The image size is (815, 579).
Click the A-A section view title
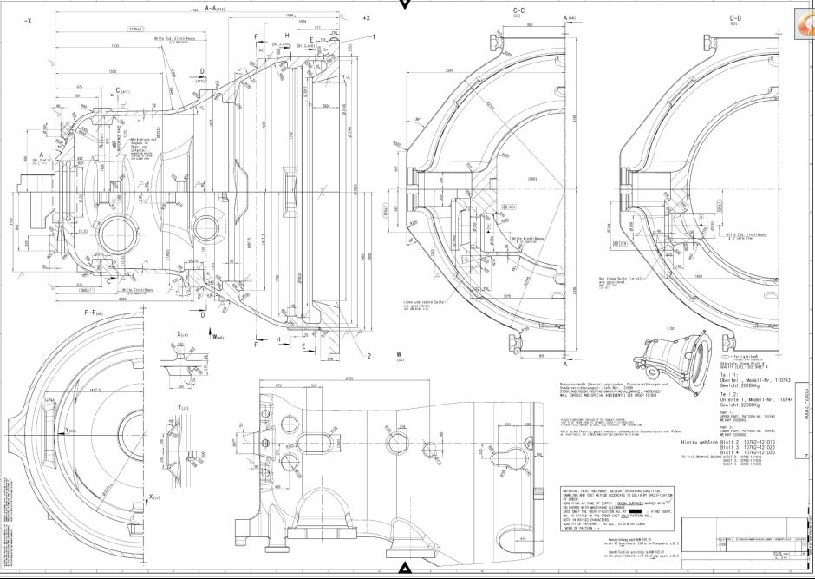click(x=214, y=8)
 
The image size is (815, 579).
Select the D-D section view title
click(x=735, y=18)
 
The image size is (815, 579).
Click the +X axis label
click(x=367, y=18)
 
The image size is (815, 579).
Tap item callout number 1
click(x=373, y=36)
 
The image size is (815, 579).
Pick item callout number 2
click(x=368, y=354)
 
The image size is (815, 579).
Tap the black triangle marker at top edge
click(x=405, y=4)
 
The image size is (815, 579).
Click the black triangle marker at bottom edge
click(x=405, y=569)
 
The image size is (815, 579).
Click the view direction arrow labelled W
click(x=212, y=334)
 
